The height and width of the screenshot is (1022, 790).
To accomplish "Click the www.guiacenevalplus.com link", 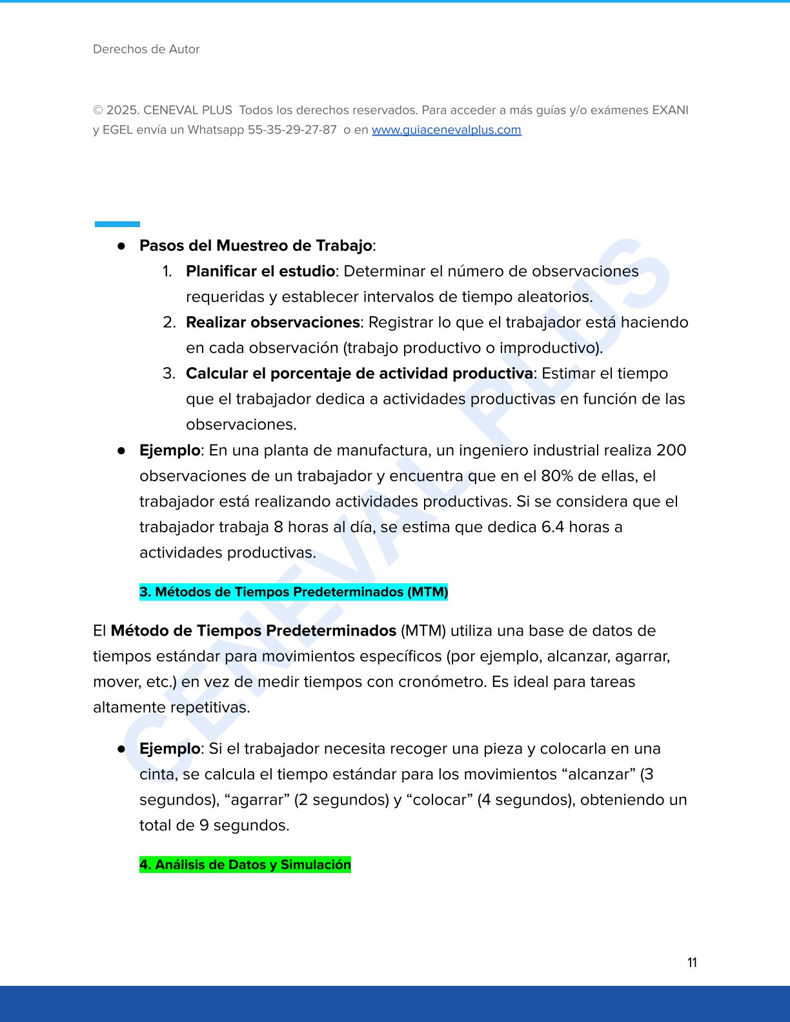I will tap(446, 130).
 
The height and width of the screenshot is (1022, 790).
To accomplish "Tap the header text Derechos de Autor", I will tap(147, 49).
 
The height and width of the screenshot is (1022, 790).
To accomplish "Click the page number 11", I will tap(692, 963).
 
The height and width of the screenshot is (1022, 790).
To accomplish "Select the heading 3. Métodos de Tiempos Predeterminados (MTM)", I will tap(294, 592).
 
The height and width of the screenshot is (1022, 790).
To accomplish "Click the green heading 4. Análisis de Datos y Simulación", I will tap(245, 865).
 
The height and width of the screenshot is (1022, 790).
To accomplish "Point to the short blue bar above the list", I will tap(117, 224).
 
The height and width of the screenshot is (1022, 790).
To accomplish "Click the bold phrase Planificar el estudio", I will tap(260, 271).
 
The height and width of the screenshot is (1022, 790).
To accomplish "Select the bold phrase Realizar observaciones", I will tap(272, 322).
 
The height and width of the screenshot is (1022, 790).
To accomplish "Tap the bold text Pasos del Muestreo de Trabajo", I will tap(256, 245).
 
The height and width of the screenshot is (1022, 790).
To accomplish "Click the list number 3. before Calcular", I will tap(169, 374).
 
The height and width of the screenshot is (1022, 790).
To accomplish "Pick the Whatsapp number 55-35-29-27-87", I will tap(292, 130).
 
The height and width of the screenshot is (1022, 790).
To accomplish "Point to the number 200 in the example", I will tap(671, 450).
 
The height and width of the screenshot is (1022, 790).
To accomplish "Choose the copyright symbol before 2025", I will tap(98, 110).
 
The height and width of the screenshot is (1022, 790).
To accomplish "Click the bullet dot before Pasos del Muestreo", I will tap(121, 246).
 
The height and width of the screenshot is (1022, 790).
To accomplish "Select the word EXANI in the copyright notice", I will tap(670, 110).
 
